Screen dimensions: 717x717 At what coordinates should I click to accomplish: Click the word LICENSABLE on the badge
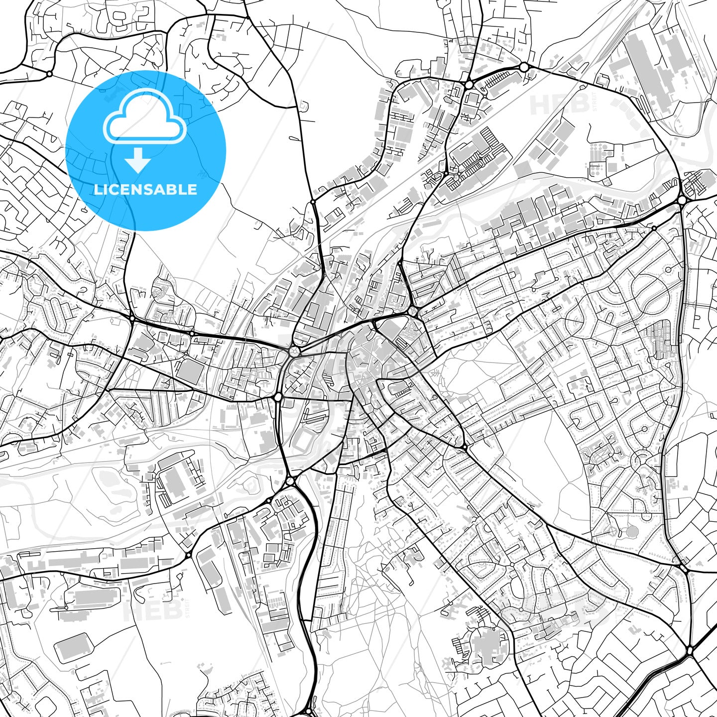click(x=145, y=189)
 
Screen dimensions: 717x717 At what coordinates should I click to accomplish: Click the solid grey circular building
click(x=631, y=532)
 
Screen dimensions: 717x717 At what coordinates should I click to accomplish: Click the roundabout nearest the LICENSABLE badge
click(x=49, y=74)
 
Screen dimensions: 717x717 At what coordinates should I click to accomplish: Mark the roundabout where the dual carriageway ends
click(x=690, y=650)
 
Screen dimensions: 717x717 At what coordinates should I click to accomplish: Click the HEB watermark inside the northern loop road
click(x=553, y=105)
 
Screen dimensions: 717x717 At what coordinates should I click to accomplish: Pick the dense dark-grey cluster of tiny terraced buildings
click(x=662, y=339)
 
